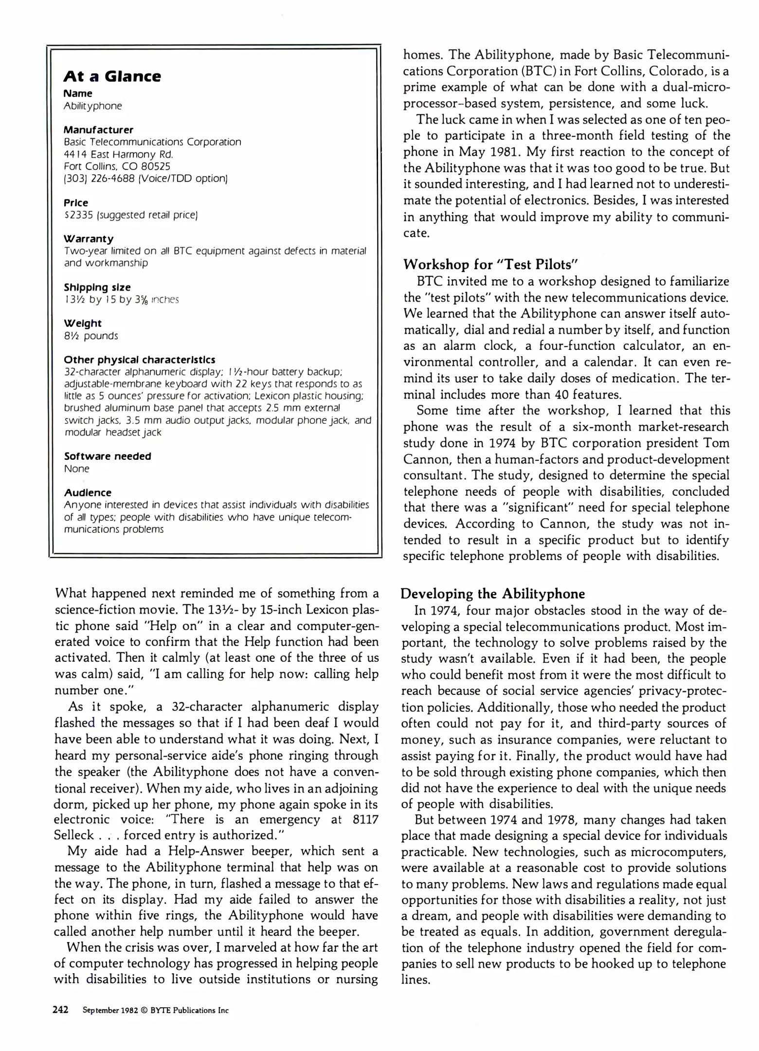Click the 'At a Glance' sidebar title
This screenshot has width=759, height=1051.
pyautogui.click(x=112, y=76)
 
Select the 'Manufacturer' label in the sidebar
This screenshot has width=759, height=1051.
pyautogui.click(x=98, y=130)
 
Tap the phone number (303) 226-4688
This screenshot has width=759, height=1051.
pyautogui.click(x=93, y=179)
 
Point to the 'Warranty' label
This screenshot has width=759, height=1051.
pyautogui.click(x=89, y=239)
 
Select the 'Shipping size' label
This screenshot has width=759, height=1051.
pyautogui.click(x=97, y=287)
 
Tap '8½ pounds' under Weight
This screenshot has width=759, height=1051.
pyautogui.click(x=91, y=336)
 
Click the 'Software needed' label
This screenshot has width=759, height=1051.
pyautogui.click(x=108, y=456)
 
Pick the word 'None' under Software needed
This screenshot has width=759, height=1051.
pyautogui.click(x=77, y=469)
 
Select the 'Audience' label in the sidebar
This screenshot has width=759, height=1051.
pyautogui.click(x=88, y=492)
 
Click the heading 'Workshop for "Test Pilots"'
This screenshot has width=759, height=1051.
pyautogui.click(x=490, y=265)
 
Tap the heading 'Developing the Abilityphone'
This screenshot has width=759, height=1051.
pyautogui.click(x=492, y=594)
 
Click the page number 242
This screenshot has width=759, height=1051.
pyautogui.click(x=60, y=1010)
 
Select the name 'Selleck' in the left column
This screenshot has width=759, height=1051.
pyautogui.click(x=73, y=835)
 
